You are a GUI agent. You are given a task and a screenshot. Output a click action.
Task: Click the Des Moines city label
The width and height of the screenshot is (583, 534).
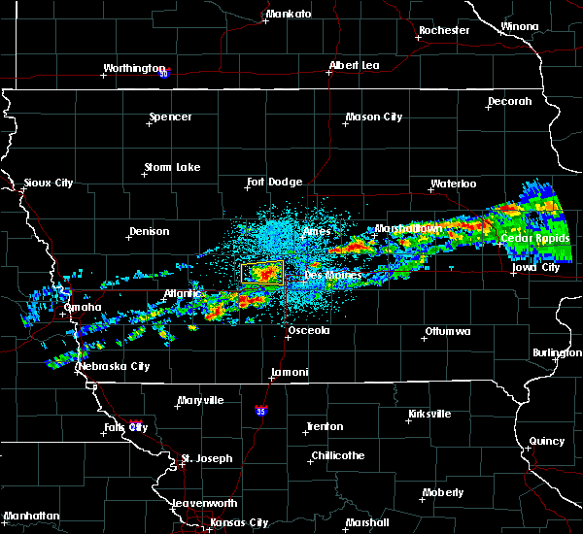click(332, 275)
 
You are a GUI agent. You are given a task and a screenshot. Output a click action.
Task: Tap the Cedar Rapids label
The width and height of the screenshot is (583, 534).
click(528, 238)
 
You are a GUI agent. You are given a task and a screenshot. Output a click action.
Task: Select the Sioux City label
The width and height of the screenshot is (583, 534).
click(49, 183)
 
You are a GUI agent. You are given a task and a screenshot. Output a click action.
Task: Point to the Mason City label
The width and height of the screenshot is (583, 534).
click(373, 117)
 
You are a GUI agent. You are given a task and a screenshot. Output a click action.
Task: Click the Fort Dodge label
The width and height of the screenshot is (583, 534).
click(274, 182)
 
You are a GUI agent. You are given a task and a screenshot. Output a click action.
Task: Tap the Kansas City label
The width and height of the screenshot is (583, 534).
click(238, 522)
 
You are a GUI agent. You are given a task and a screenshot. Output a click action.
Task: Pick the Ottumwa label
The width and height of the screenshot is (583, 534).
click(447, 332)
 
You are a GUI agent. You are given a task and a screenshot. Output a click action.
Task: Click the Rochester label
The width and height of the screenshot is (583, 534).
click(444, 30)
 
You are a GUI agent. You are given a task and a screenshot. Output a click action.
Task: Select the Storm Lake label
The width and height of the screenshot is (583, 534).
click(172, 167)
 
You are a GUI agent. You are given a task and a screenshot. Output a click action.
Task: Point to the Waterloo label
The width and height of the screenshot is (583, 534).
click(453, 184)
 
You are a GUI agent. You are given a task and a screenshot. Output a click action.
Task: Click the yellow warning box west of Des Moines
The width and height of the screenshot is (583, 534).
click(261, 273)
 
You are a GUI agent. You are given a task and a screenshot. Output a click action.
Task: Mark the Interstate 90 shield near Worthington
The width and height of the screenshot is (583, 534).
click(164, 73)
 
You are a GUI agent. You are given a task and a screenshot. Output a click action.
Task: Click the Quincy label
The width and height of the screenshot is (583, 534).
click(546, 441)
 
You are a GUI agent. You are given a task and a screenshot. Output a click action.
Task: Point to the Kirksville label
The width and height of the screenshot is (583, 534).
click(429, 414)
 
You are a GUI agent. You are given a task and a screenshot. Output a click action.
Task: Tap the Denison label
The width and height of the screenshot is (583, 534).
click(149, 231)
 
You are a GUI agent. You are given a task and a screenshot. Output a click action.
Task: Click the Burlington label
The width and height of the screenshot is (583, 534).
click(557, 352)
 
